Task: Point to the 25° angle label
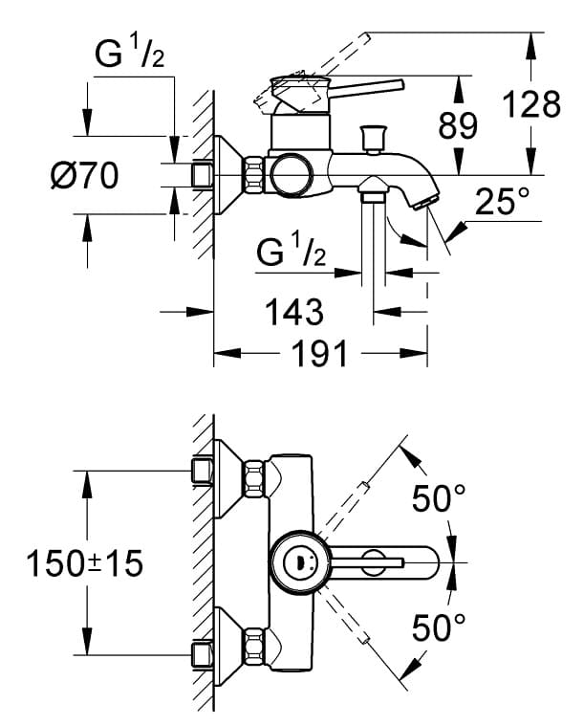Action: coord(501,201)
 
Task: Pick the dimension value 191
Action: coord(317,354)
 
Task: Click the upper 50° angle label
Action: coord(439,497)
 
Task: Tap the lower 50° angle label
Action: coord(439,627)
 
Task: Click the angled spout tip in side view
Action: coord(423,200)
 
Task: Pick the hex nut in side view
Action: coord(254,175)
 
